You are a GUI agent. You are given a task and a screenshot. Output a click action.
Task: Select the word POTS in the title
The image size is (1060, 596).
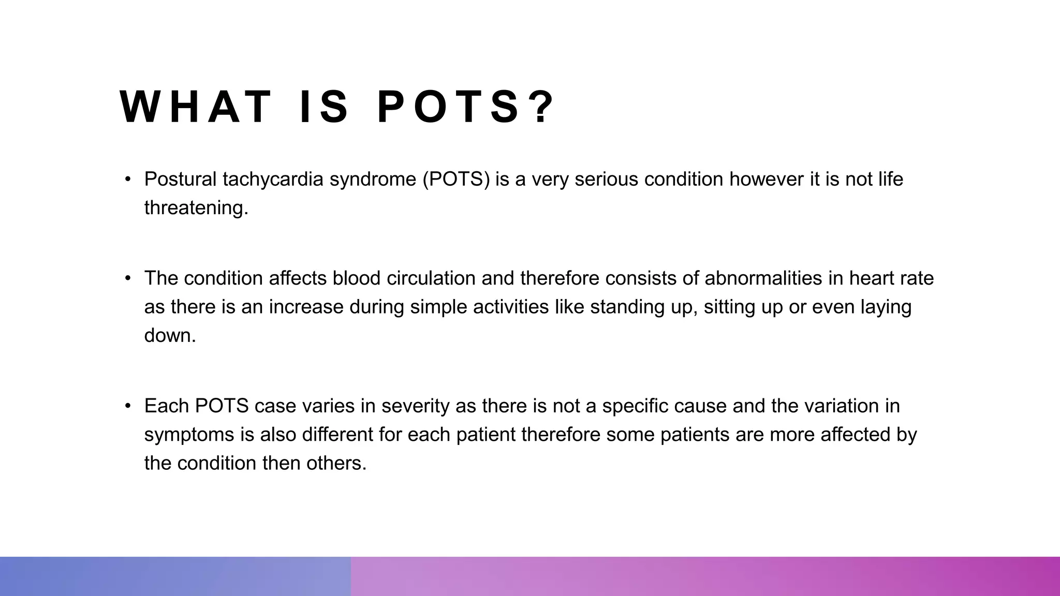tap(448, 107)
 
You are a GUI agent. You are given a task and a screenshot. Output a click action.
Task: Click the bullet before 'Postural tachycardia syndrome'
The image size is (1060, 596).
tap(128, 180)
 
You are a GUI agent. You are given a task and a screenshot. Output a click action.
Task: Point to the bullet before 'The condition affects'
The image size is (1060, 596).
tap(128, 278)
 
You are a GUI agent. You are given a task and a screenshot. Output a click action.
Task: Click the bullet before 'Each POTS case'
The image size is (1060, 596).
tap(128, 406)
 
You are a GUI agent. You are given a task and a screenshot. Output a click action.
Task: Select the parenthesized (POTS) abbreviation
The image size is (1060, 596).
tap(456, 180)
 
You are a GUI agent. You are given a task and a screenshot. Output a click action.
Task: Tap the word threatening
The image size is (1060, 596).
tap(196, 208)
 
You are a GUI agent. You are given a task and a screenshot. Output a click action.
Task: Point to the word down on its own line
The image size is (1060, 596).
tap(169, 336)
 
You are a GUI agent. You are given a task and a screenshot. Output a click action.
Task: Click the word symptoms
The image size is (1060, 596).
tap(189, 435)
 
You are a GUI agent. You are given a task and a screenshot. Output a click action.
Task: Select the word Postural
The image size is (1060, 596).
tap(180, 180)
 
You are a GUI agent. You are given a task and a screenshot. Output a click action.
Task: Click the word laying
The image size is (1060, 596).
tap(886, 307)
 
